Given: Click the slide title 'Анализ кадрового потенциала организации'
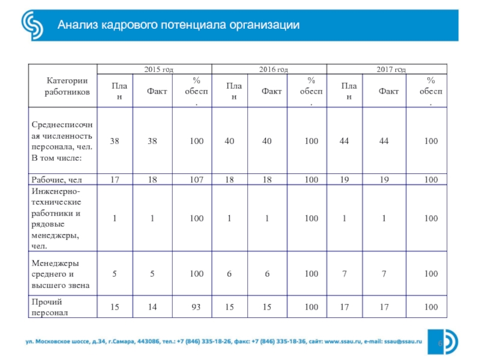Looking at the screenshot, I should tap(178, 25).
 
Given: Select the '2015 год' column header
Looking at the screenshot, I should tap(157, 70).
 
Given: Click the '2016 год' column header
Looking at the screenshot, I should tap(273, 70).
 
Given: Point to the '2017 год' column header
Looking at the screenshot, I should tap(391, 70).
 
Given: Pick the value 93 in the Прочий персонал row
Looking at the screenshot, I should tap(196, 308).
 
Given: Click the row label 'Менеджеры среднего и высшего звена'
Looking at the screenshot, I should tap(60, 274).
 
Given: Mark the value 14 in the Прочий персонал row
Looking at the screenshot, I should tap(152, 308).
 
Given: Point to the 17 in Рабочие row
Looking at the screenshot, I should tap(114, 179).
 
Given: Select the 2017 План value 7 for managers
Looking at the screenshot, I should tap(344, 274).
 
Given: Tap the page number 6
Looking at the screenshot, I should tap(440, 341).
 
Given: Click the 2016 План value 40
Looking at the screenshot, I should tap(229, 141).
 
